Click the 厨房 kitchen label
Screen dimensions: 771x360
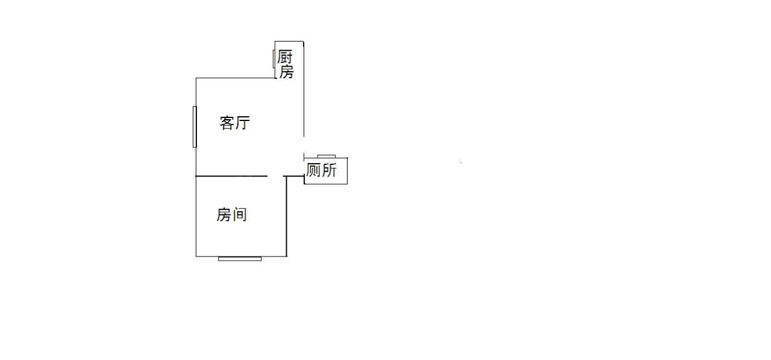point(286,64)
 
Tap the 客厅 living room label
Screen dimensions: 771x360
point(235,123)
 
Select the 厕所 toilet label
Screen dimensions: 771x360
point(322,170)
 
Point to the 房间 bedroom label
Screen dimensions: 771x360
point(232,215)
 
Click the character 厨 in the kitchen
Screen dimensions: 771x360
point(285,57)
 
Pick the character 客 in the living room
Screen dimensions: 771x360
point(227,123)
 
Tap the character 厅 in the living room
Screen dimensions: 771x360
point(243,123)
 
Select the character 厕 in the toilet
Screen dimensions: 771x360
point(313,170)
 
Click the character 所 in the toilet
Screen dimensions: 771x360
point(329,170)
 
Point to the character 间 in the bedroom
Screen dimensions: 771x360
point(240,215)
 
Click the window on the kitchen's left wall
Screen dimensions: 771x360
point(274,59)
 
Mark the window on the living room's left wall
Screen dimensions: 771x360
point(195,126)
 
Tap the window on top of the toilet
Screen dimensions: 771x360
point(326,157)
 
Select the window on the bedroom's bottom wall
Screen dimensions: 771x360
point(240,259)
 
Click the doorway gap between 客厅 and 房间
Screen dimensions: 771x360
point(275,176)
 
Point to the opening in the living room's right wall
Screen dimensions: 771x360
point(304,145)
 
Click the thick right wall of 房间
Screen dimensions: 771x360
point(286,217)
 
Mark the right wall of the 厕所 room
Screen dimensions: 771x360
point(348,171)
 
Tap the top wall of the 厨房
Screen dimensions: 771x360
point(289,42)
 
